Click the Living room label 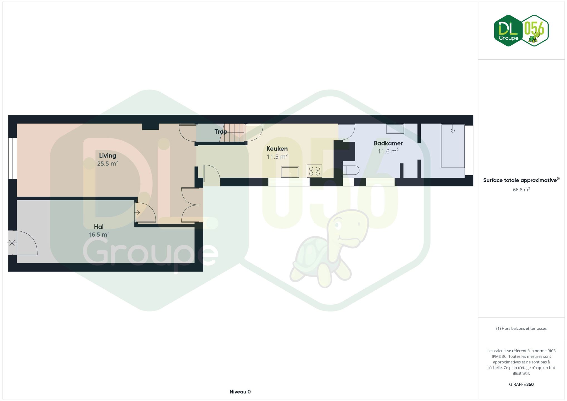click(108, 156)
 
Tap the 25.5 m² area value click(108, 163)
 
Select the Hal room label click(99, 226)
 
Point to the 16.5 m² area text click(99, 234)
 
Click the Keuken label click(277, 148)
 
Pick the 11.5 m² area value click(277, 157)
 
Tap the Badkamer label click(388, 143)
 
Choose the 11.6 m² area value click(388, 151)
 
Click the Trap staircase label click(221, 132)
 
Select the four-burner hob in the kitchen click(314, 171)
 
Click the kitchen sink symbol click(290, 172)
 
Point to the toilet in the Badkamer click(351, 170)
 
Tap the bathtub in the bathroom click(452, 146)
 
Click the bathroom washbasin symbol click(395, 129)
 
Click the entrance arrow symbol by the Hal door click(137, 213)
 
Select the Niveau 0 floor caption click(240, 392)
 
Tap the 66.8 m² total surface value click(521, 190)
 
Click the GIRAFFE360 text click(521, 385)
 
